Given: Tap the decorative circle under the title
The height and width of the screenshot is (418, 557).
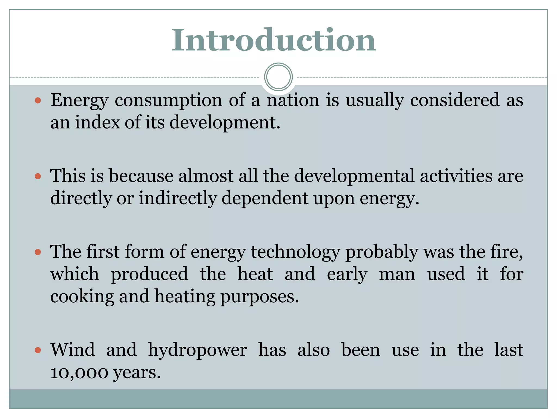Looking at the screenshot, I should click(278, 77).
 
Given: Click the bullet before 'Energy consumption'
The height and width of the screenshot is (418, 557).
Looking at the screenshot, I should click(38, 101).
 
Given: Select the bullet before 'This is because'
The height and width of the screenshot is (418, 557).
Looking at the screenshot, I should click(38, 176).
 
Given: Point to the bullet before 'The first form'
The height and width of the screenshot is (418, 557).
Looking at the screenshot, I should click(38, 252).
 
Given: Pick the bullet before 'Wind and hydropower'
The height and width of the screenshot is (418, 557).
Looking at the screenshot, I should click(38, 350).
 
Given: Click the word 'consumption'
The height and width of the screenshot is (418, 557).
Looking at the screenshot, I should click(168, 101).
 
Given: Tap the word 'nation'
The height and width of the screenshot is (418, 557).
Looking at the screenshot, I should click(293, 100).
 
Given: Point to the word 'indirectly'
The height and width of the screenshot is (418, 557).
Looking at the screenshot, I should click(178, 198).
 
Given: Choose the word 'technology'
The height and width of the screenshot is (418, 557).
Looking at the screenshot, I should click(295, 252).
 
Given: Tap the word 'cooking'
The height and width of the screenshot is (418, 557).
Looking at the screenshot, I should click(82, 296).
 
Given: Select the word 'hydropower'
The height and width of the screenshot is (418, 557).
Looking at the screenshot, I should click(197, 350).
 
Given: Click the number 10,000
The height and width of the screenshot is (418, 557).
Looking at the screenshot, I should click(79, 372).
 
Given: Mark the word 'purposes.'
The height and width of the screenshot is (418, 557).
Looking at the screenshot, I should click(259, 296).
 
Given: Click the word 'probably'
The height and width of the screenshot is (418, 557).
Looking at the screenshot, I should click(382, 252).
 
